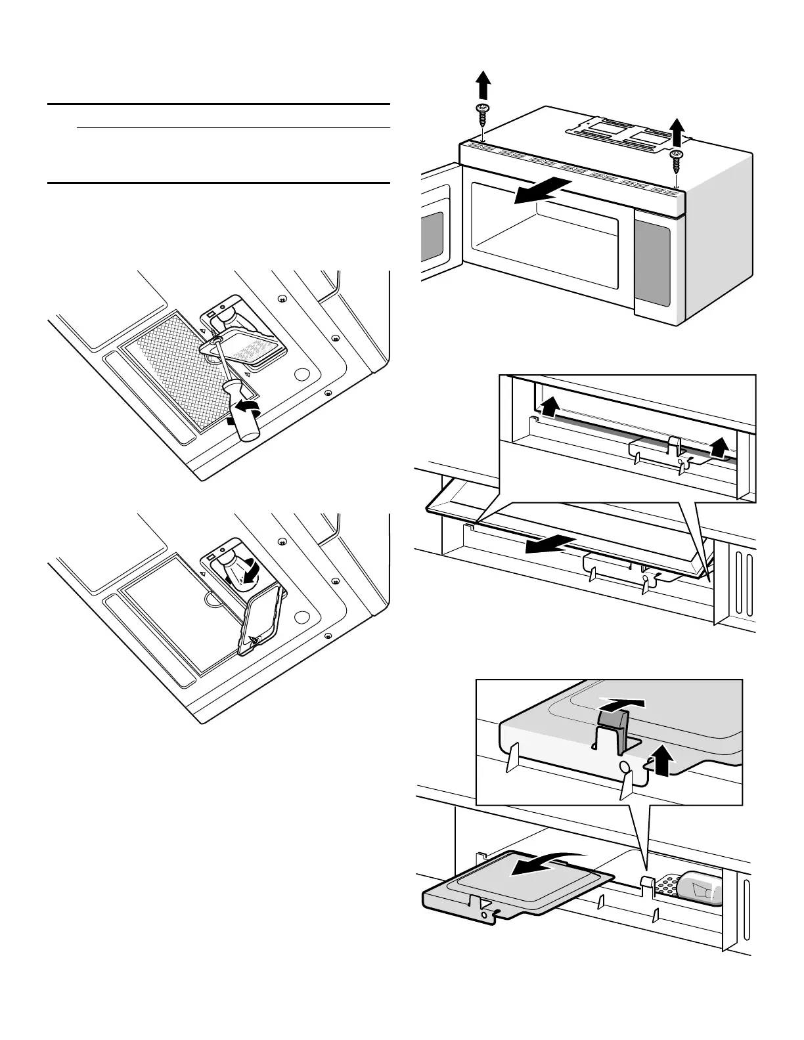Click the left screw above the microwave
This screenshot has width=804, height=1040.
click(483, 112)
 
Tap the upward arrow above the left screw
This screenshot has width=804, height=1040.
click(483, 84)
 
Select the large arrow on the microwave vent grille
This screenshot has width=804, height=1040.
click(541, 190)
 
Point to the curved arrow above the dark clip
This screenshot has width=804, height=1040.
click(623, 704)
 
